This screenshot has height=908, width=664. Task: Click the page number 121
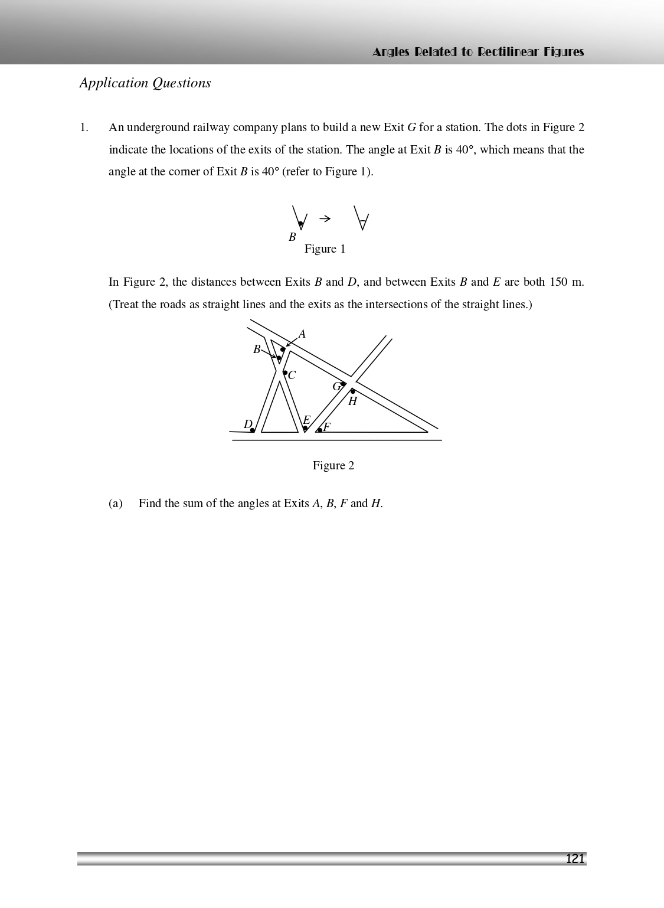[574, 858]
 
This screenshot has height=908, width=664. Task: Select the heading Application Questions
[145, 83]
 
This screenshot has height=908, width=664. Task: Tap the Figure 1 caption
[325, 249]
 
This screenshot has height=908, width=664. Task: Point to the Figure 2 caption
[333, 466]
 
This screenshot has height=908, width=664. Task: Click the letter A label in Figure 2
[302, 334]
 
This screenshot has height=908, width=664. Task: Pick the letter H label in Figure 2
[352, 401]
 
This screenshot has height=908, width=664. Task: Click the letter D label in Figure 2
[248, 424]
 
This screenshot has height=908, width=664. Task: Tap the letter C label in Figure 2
[292, 375]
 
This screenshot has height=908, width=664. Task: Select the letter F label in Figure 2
[327, 427]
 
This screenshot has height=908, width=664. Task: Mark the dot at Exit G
[344, 384]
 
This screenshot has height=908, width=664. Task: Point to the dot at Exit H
[353, 391]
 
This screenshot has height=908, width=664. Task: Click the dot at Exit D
[253, 430]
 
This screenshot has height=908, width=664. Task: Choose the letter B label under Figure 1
[292, 237]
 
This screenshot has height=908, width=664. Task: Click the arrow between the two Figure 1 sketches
[325, 219]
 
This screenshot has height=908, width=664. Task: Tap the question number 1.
[84, 128]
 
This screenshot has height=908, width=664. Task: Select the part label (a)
[116, 504]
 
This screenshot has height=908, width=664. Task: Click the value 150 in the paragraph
[558, 282]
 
